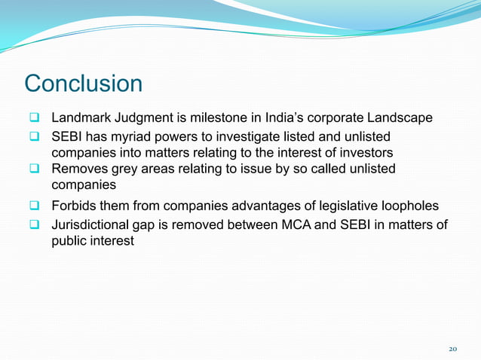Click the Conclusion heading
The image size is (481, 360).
(x=83, y=84)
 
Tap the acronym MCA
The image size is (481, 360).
(x=305, y=225)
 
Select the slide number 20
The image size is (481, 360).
(x=452, y=349)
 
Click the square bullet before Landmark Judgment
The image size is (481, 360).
(x=35, y=119)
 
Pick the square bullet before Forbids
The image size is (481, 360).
(x=35, y=206)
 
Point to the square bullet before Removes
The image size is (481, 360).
(x=35, y=169)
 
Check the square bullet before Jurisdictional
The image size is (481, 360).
(x=35, y=225)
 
